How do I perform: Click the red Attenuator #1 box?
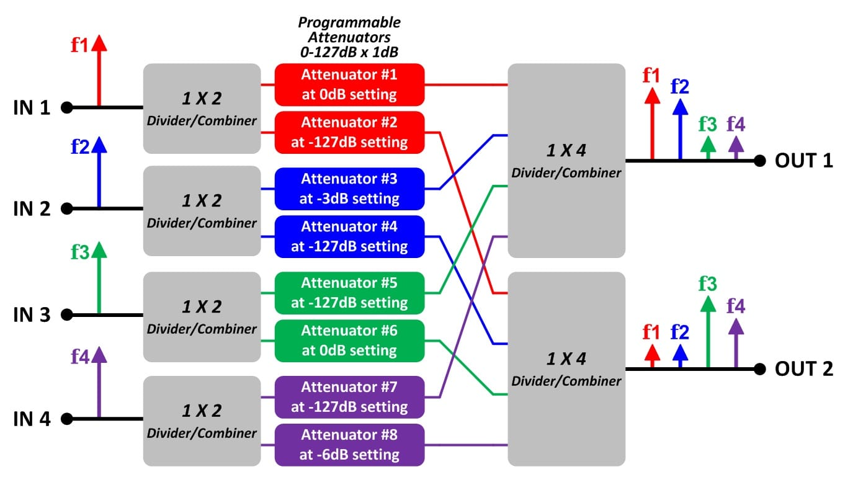click(349, 84)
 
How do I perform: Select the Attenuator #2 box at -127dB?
click(349, 133)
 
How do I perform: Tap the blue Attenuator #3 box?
click(349, 189)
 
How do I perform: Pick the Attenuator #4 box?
click(349, 237)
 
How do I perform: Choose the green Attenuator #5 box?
click(349, 293)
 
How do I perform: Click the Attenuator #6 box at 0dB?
click(349, 341)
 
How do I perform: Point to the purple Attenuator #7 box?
click(349, 397)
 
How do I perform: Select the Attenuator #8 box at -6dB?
click(349, 445)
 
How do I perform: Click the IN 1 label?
click(32, 108)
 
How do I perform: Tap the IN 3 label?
click(32, 315)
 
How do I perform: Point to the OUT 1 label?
click(804, 161)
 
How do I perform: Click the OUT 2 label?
click(804, 369)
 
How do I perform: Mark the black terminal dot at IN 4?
click(67, 419)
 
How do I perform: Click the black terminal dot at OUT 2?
click(760, 369)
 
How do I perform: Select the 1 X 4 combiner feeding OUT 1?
click(566, 161)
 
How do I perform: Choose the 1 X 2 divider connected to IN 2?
click(202, 211)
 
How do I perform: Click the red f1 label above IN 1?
click(79, 45)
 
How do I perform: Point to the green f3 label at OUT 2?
click(708, 284)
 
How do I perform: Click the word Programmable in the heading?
click(349, 23)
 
